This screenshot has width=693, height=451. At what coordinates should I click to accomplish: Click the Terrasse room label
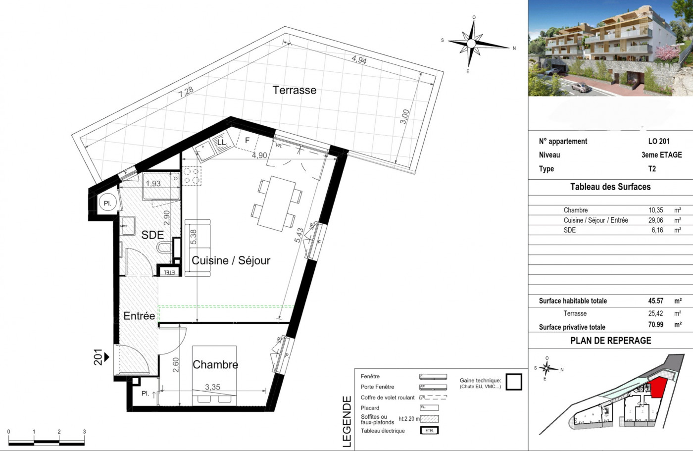[294, 90]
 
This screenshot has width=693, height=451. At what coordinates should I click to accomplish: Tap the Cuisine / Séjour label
[231, 260]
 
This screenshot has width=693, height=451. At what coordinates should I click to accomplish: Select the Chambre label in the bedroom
[215, 365]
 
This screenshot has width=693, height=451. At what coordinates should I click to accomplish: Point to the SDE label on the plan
[152, 235]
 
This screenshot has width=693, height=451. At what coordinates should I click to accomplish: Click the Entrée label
[139, 316]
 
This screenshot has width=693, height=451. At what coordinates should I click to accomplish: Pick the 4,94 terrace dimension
[359, 59]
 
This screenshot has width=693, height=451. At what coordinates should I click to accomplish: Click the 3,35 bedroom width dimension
[212, 387]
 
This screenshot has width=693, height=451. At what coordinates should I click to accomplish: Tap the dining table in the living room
[277, 203]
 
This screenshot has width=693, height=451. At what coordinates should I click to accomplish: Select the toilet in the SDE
[162, 247]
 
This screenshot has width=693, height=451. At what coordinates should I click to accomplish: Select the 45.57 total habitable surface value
[656, 301]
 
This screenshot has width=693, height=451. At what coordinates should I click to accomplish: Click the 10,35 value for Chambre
[656, 210]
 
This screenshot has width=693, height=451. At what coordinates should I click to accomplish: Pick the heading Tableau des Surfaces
[610, 187]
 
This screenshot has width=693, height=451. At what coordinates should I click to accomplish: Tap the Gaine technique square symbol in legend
[514, 382]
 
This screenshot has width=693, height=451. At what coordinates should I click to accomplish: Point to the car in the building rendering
[580, 88]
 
